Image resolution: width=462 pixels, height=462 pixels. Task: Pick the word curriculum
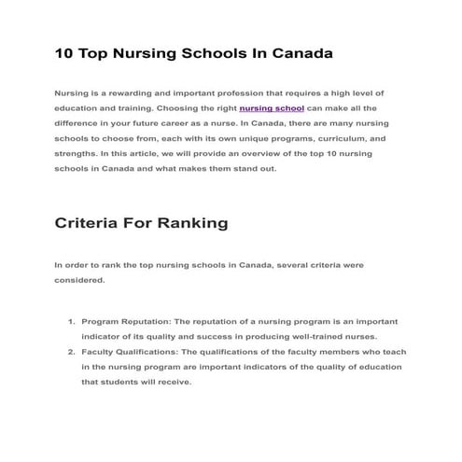tap(330, 138)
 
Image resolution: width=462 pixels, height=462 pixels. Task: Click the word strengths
tap(78, 154)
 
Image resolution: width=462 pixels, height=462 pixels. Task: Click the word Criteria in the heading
tap(88, 224)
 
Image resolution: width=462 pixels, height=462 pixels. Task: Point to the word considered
tap(79, 280)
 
